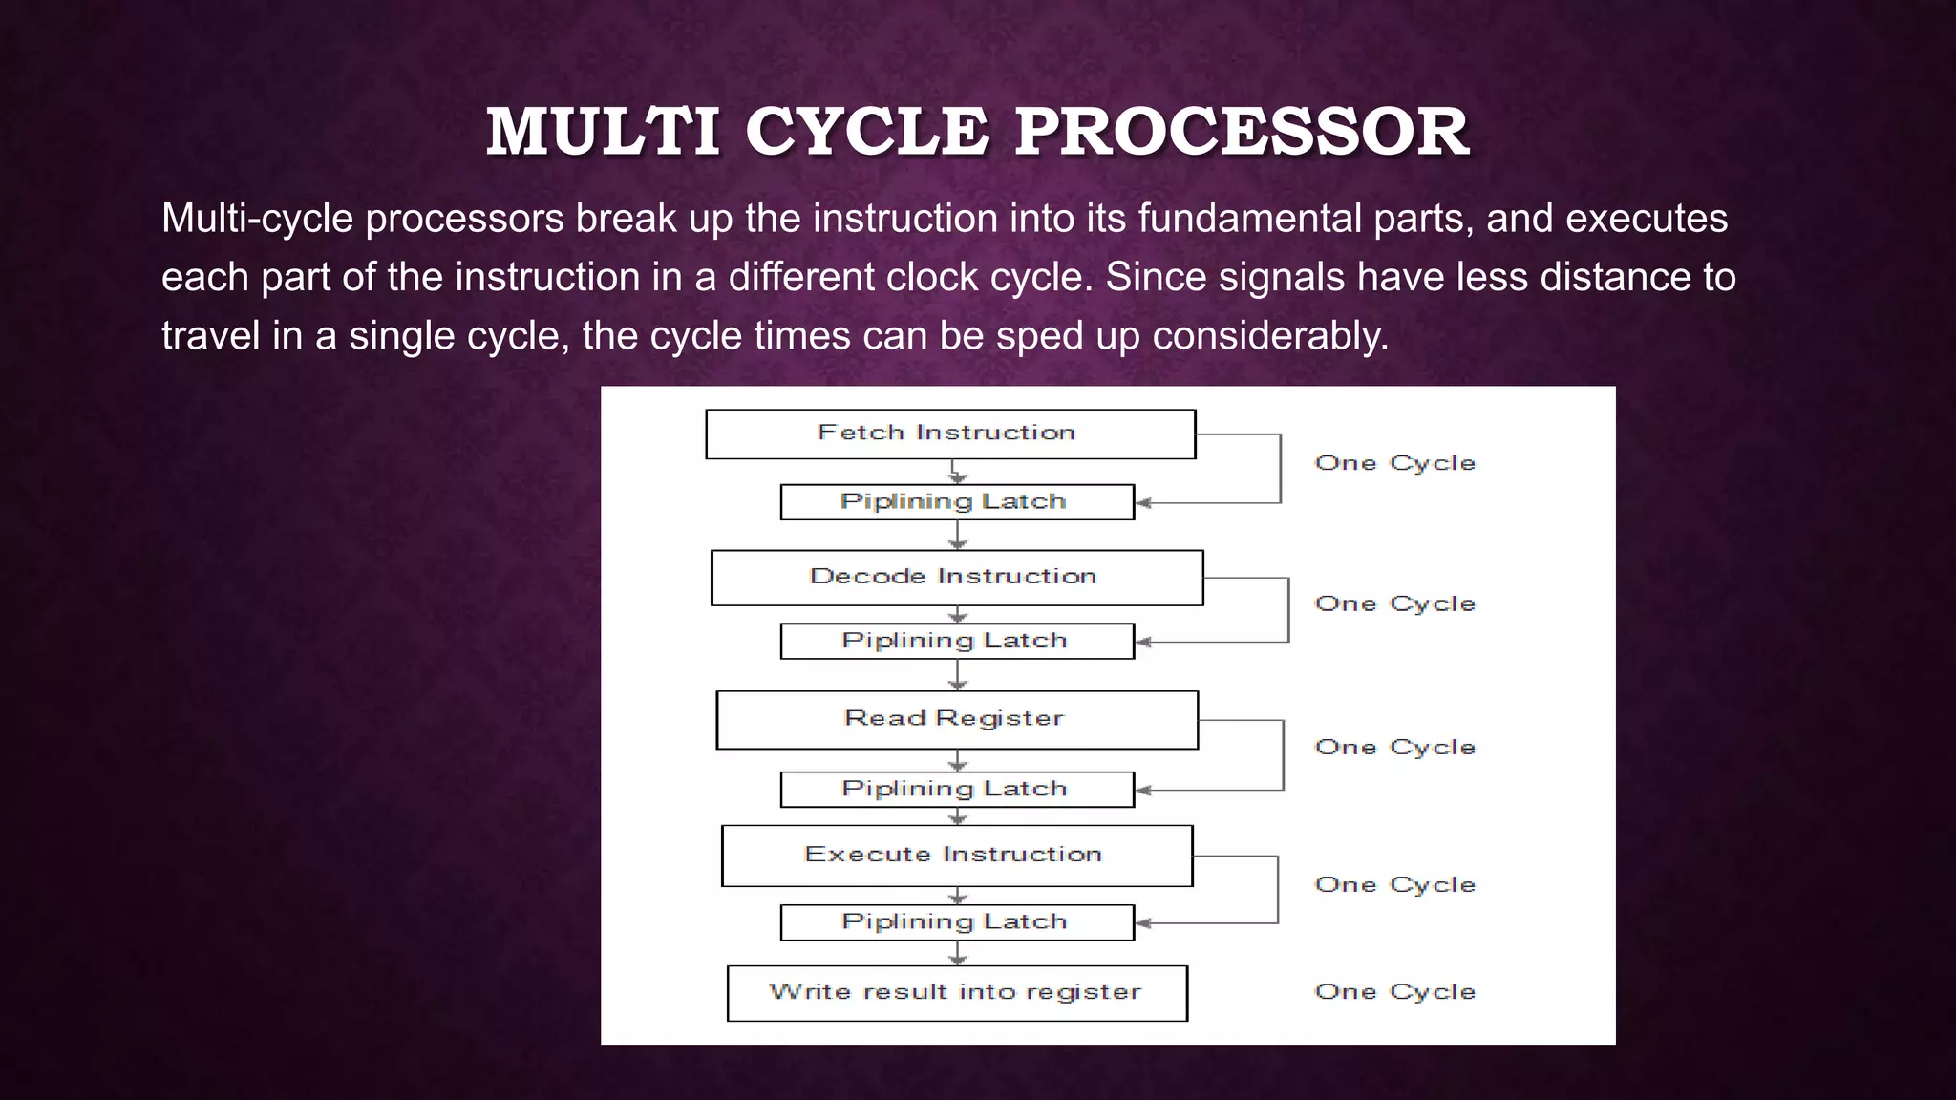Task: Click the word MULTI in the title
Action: [x=603, y=132]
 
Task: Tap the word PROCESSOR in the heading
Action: [x=1241, y=132]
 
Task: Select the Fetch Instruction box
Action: [x=949, y=434]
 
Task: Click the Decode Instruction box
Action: [x=956, y=578]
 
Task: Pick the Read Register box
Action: [x=956, y=720]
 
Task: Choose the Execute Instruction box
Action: [x=956, y=856]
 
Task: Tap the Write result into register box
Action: [x=956, y=993]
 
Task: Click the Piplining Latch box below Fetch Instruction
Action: [x=956, y=502]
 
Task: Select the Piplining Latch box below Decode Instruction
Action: [x=956, y=641]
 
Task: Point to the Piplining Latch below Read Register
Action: [x=956, y=790]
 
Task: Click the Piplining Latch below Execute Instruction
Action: [x=956, y=922]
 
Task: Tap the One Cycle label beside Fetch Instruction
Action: [x=1394, y=463]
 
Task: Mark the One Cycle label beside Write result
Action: [x=1394, y=992]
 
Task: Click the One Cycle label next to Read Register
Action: [x=1394, y=748]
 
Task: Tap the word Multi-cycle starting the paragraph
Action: [x=257, y=219]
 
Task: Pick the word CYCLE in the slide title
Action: [x=866, y=132]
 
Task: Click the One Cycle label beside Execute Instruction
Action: [x=1394, y=885]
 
